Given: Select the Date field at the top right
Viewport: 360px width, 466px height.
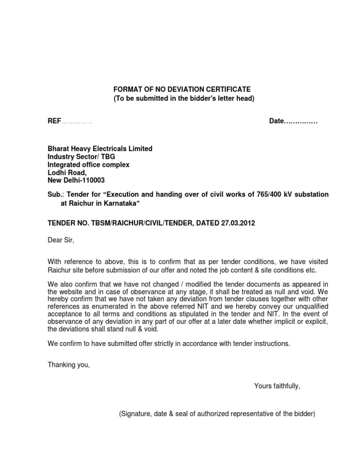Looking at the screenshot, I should pyautogui.click(x=293, y=121).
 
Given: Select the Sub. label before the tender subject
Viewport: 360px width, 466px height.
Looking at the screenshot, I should pyautogui.click(x=54, y=194).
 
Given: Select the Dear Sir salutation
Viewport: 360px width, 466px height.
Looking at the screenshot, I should pyautogui.click(x=61, y=241).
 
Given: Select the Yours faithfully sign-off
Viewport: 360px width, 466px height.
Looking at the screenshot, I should pyautogui.click(x=277, y=386).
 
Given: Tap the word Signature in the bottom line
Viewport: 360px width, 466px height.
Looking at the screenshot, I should pyautogui.click(x=136, y=414).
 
